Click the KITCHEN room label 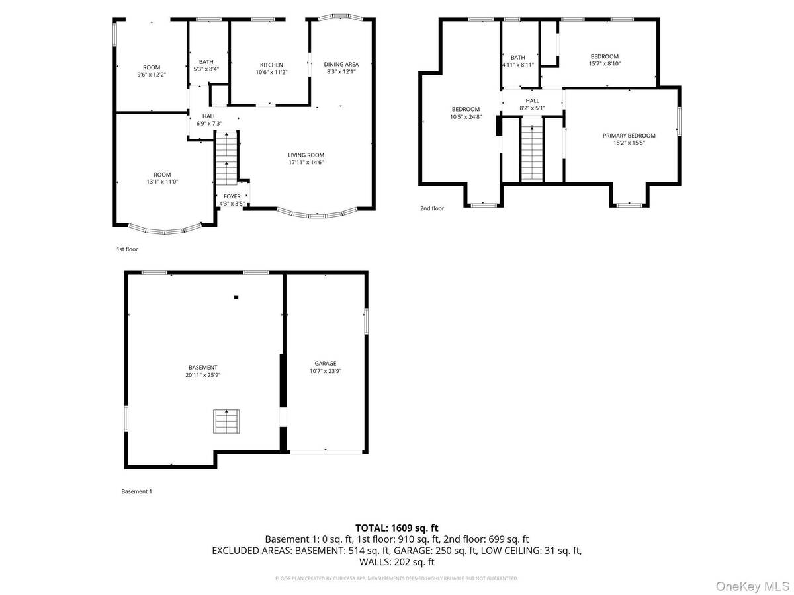(271, 65)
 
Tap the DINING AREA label (340, 64)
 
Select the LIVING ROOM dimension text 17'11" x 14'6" (306, 163)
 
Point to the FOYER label (232, 196)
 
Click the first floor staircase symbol (227, 159)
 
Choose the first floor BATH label (206, 61)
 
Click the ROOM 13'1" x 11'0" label (162, 175)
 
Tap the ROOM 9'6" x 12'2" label (152, 67)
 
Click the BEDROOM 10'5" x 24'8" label (466, 109)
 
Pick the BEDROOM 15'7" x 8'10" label (604, 56)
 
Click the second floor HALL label (532, 101)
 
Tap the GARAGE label (325, 363)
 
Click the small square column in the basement (236, 297)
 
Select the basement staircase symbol (226, 421)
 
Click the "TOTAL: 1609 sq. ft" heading (397, 528)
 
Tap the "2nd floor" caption (431, 208)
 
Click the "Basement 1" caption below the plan (136, 491)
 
